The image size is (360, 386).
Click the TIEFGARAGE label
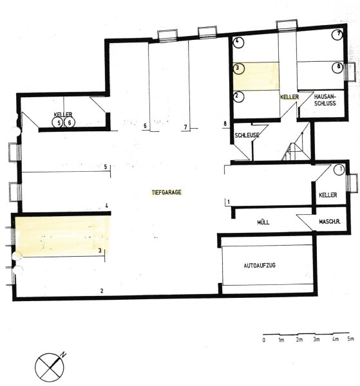coord(167,192)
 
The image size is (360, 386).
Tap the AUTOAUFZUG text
coord(260,265)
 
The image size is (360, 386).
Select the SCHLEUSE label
coord(247,135)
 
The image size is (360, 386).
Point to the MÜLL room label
coord(263,223)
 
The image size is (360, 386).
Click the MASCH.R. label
coord(330,221)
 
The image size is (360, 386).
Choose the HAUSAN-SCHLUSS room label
coord(325,100)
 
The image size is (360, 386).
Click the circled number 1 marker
coord(339,170)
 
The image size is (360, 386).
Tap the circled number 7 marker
coord(337,35)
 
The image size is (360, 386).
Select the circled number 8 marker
coord(337,67)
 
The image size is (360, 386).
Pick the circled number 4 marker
coord(238,42)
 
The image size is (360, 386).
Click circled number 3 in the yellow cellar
coord(238,69)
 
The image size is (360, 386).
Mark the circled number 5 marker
coord(58,122)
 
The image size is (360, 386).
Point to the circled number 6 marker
coord(70,122)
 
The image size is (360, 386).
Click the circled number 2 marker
coord(238,96)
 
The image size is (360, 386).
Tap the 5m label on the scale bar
coord(350,338)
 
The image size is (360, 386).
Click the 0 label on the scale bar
coord(264,340)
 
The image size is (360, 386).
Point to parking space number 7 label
coord(185,127)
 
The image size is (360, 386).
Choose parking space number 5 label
coord(106,167)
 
